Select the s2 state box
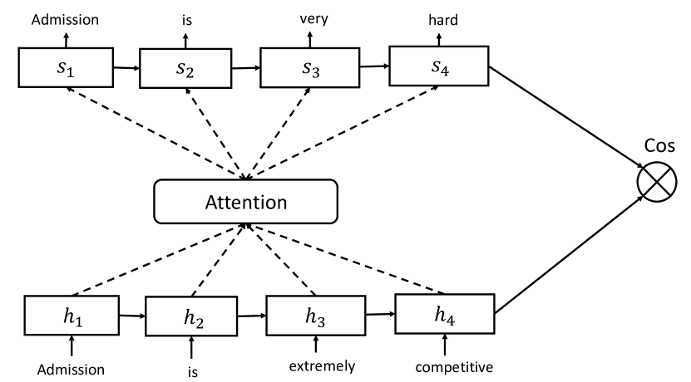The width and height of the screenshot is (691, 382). [188, 66]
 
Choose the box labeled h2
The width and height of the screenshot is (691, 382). [194, 317]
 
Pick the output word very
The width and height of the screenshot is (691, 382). [309, 13]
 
